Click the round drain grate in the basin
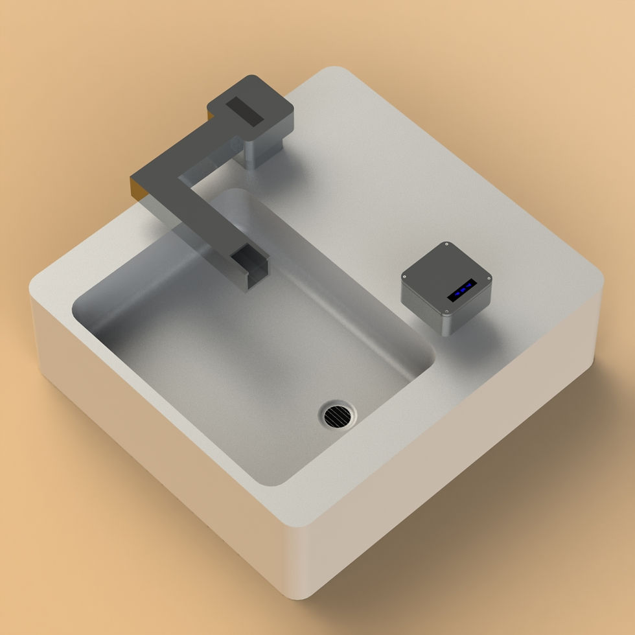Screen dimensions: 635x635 coord(338,413)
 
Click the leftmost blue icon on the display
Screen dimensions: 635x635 coord(455,295)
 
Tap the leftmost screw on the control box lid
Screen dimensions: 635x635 coord(404,277)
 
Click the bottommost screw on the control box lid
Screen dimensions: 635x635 coord(445,313)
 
